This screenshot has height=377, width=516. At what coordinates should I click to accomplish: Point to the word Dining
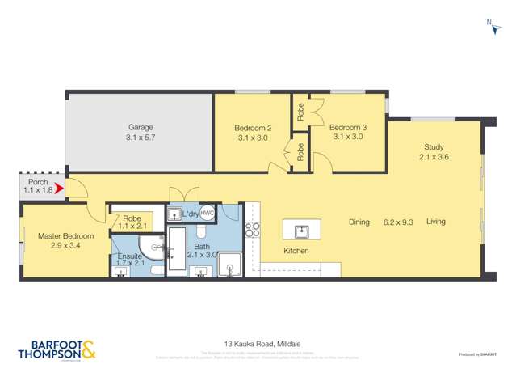point(359,222)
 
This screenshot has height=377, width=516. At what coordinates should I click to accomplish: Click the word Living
point(436,222)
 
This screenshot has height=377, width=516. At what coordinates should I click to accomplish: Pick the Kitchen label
point(296,251)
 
